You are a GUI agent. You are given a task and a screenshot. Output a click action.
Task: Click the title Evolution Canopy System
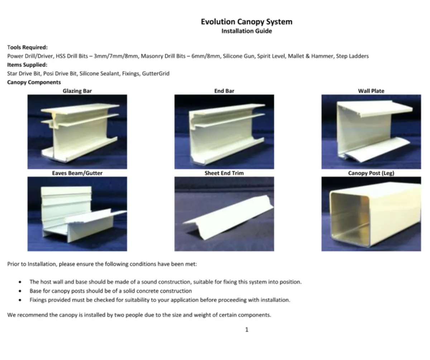coord(247,21)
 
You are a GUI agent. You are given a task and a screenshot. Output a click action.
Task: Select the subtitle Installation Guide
coord(247,31)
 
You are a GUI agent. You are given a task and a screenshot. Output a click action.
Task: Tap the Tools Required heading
coord(27,47)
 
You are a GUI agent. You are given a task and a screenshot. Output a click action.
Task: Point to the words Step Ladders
coord(352,56)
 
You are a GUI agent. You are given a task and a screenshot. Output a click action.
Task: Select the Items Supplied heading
coord(27,65)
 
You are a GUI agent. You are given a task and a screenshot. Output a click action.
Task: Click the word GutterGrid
coord(156,73)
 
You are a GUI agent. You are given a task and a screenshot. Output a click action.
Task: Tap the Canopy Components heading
coord(34,82)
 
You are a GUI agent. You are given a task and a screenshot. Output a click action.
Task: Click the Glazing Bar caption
coord(77,91)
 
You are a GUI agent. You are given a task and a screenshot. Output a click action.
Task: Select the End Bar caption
coord(224,91)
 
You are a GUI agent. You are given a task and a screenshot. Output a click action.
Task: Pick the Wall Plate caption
coord(371,91)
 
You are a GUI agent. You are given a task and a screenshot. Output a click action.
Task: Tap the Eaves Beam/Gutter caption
coord(77,173)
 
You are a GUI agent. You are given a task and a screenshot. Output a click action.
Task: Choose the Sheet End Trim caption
coord(224,173)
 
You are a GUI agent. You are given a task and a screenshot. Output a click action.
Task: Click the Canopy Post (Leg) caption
coord(371,173)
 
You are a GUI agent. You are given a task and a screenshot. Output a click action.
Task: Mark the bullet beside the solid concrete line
coord(20,291)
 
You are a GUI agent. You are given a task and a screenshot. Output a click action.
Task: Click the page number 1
coord(247,330)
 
